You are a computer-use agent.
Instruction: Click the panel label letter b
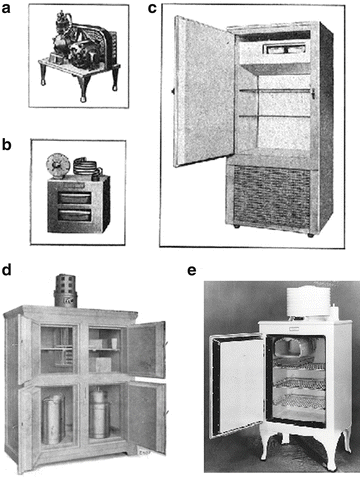[8, 144]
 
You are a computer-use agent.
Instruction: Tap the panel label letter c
[153, 9]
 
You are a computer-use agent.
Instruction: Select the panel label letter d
[8, 270]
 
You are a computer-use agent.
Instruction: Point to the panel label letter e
[191, 270]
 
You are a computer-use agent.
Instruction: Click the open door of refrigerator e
[236, 385]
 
